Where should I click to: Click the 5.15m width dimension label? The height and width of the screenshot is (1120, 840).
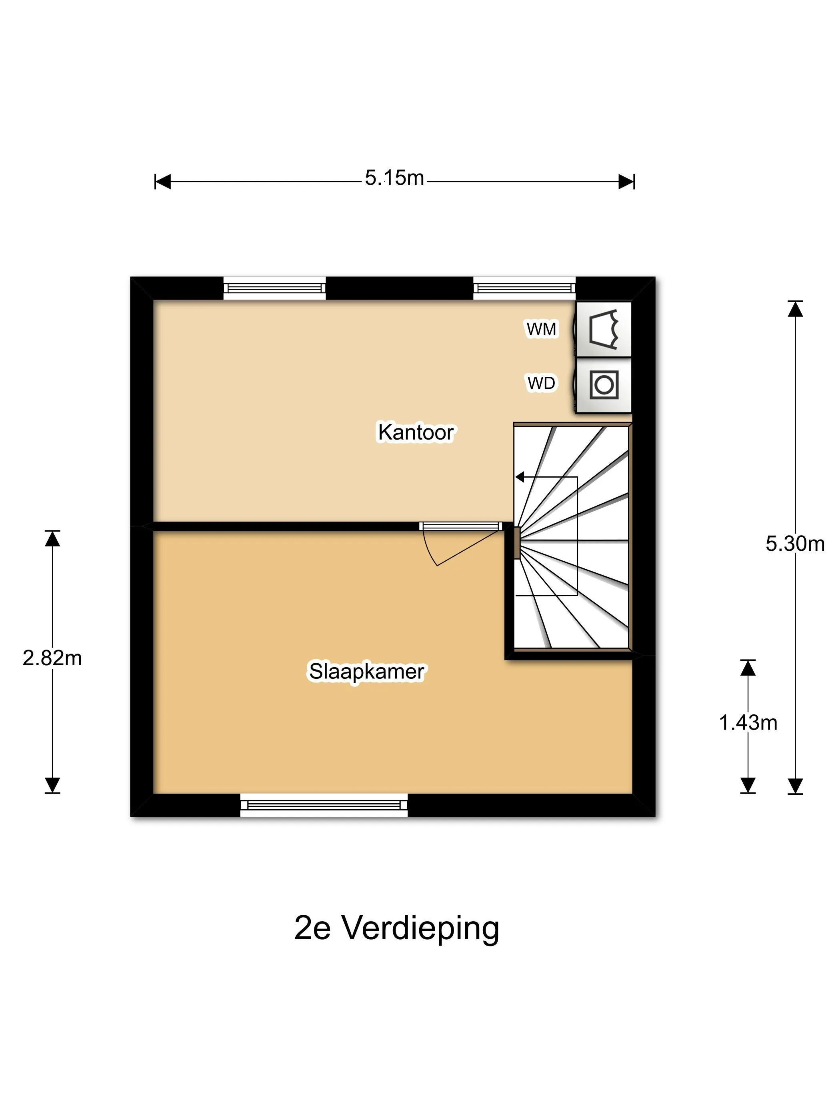pyautogui.click(x=394, y=178)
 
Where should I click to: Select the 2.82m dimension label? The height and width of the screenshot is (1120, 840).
pyautogui.click(x=52, y=658)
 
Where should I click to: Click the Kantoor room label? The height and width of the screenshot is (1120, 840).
pyautogui.click(x=416, y=432)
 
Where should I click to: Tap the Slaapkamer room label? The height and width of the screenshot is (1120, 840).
pyautogui.click(x=366, y=672)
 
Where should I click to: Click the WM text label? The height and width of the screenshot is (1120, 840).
pyautogui.click(x=541, y=329)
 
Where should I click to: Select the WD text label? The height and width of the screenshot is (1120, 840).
pyautogui.click(x=541, y=383)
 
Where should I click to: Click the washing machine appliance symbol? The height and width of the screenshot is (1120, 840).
pyautogui.click(x=604, y=329)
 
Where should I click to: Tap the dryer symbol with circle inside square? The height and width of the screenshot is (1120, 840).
pyautogui.click(x=604, y=385)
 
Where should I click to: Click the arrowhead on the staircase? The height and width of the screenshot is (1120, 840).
pyautogui.click(x=520, y=477)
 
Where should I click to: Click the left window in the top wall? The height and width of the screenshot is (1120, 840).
pyautogui.click(x=274, y=288)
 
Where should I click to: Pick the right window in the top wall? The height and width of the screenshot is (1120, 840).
pyautogui.click(x=524, y=288)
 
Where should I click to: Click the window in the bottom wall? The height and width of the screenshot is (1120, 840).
pyautogui.click(x=324, y=805)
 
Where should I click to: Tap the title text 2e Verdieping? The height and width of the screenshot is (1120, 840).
pyautogui.click(x=396, y=928)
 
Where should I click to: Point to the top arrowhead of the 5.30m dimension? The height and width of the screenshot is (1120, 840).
pyautogui.click(x=795, y=308)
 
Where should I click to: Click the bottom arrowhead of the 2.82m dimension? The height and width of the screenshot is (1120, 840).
pyautogui.click(x=52, y=784)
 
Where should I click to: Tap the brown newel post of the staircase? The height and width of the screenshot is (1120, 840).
pyautogui.click(x=516, y=543)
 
